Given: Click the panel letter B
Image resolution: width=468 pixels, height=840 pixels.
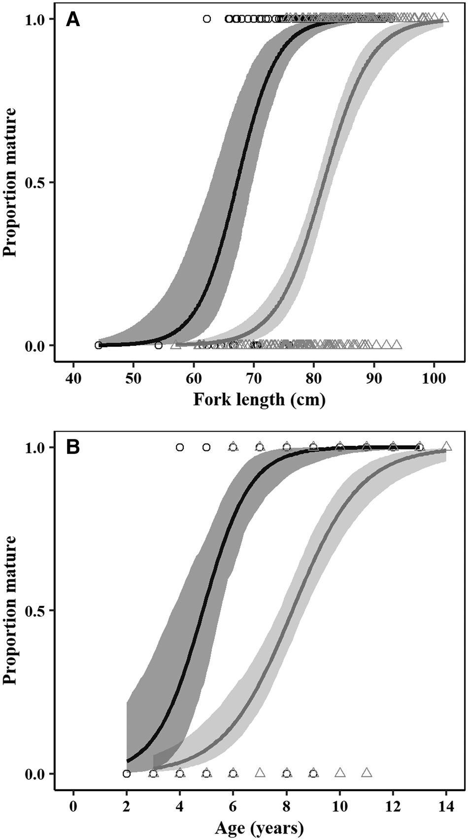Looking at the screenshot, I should [x=73, y=447].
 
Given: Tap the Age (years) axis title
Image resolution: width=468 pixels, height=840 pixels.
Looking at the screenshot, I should [x=259, y=829].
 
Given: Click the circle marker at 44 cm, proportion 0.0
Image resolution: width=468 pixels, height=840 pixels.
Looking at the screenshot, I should [x=99, y=345].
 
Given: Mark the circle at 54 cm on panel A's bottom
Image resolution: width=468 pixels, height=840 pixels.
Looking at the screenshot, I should [x=158, y=345].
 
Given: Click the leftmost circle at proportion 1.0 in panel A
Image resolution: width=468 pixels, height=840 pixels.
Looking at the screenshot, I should [x=207, y=19].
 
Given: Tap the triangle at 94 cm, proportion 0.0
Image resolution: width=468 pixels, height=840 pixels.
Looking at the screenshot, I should [x=397, y=344].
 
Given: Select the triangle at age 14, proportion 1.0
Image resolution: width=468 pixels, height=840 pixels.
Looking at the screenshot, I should [x=446, y=446].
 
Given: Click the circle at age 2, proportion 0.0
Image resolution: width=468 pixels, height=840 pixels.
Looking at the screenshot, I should [x=127, y=773].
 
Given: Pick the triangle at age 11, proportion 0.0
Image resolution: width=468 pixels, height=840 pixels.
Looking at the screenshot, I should [x=367, y=773].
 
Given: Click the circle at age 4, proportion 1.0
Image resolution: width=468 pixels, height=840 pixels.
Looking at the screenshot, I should [x=180, y=447].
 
